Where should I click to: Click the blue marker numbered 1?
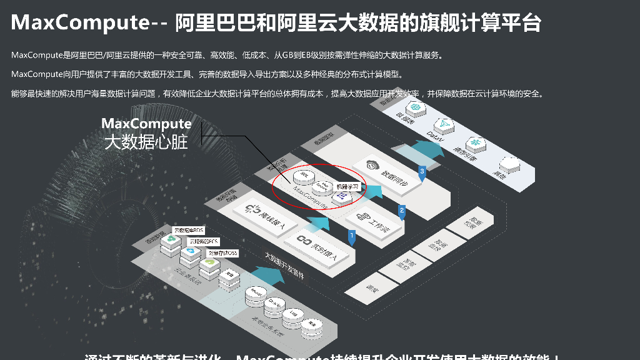coord(352,236)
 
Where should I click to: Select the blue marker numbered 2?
coord(402,211)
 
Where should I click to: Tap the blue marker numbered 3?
coord(422,171)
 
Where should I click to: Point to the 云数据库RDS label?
coord(188,230)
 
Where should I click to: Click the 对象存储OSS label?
coord(223,253)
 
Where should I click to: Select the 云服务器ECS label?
coord(204,241)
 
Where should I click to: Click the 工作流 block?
coord(374,223)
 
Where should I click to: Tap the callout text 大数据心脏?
coord(146,142)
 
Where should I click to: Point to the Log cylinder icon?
coord(292,314)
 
